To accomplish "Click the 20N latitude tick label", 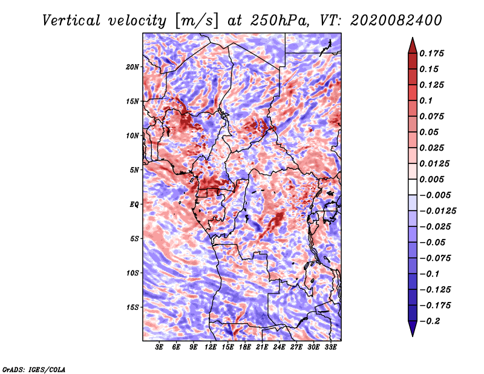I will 132,67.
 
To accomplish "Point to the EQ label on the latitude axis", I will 134,205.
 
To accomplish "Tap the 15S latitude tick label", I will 132,307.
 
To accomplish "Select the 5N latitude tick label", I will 134,170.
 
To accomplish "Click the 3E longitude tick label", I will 160,347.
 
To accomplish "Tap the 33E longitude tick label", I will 331,347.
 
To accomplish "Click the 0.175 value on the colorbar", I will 434,53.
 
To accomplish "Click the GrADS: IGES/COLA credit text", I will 33,369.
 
